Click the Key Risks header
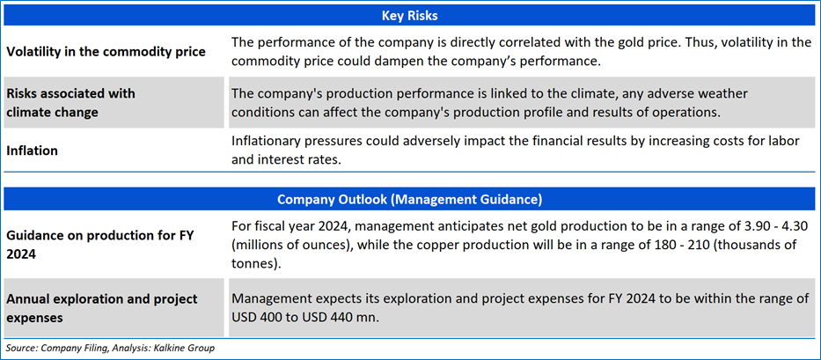pos(410,16)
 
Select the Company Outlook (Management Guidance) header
pos(410,199)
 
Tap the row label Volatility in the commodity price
pos(106,52)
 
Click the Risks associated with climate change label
pos(70,102)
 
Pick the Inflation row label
pos(32,151)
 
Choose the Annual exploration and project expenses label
pos(102,308)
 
